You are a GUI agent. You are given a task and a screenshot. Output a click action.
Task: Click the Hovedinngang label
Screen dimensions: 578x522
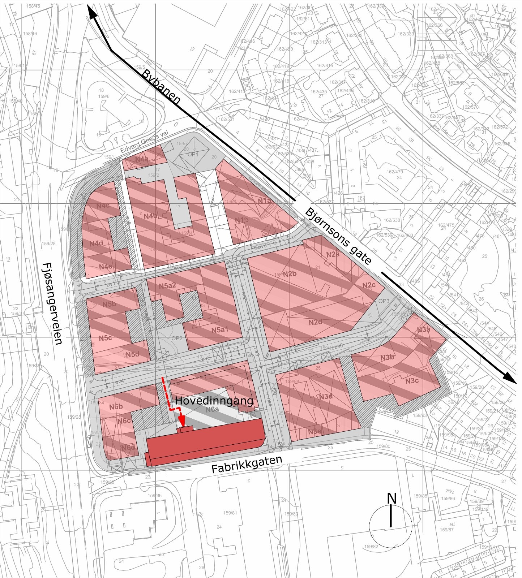[214, 401]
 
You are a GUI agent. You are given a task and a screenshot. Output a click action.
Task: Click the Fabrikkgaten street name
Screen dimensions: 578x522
[247, 465]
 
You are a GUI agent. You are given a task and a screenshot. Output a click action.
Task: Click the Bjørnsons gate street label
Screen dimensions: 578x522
[338, 237]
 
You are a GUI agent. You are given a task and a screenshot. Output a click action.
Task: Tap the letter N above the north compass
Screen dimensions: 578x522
[391, 499]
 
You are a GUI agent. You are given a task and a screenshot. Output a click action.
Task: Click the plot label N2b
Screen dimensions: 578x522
[290, 274]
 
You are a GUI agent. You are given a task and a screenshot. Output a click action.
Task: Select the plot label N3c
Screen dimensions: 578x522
[412, 381]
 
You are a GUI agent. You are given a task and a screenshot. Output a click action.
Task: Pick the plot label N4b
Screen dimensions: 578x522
[150, 216]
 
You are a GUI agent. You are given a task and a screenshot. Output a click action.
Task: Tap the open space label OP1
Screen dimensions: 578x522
[193, 154]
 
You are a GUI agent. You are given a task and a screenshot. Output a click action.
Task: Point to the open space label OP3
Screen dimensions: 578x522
[384, 301]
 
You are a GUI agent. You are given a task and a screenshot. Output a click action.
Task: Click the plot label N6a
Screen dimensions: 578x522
[212, 410]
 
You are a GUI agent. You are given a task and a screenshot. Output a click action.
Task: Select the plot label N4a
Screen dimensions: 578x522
[142, 159]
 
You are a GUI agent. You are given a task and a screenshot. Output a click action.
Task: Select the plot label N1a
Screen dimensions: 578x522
[265, 201]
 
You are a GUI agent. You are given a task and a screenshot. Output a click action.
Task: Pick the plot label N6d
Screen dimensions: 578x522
[128, 448]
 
